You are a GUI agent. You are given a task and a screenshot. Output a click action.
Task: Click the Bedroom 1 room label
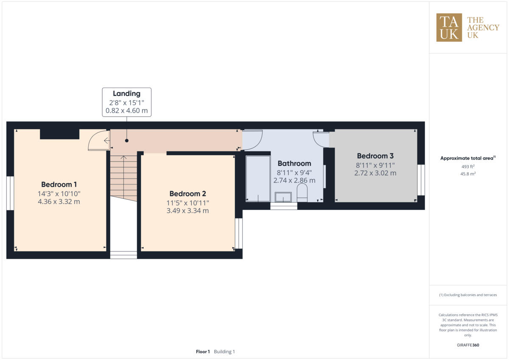pos(59,184)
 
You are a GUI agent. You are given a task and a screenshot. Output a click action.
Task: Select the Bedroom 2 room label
pos(187,193)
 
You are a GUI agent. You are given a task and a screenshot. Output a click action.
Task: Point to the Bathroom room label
pos(294,163)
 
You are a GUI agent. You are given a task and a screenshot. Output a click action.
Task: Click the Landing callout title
pos(126,94)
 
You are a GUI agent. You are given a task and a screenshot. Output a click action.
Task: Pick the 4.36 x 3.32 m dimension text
pos(59,201)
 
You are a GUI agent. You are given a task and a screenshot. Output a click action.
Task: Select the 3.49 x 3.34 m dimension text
pos(187,210)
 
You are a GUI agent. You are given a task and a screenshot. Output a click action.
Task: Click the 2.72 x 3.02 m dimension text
pos(375,173)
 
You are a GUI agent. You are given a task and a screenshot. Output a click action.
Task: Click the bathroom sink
pos(283,197)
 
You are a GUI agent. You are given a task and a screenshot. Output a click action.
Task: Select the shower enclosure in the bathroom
pos(258,179)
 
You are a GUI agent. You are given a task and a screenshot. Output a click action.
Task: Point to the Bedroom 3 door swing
pos(322,139)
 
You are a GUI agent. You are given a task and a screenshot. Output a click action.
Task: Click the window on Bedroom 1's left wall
pos(10,193)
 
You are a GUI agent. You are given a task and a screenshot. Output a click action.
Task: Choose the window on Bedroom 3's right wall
pos(421,180)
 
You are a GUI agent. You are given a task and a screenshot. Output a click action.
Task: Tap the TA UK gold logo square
pos(449,28)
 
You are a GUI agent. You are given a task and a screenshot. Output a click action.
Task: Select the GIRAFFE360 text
pos(468,345)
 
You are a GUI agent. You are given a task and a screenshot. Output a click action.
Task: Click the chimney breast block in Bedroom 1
pos(59,134)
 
